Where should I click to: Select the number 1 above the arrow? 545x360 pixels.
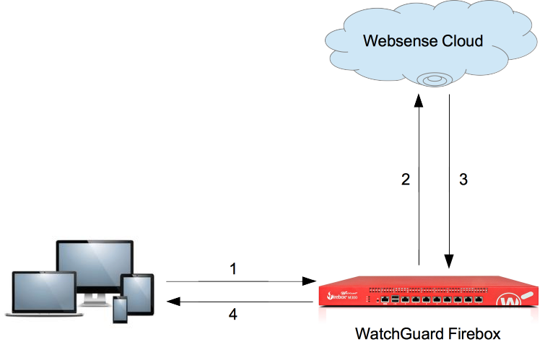pyautogui.click(x=233, y=268)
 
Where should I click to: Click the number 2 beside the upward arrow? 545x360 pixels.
pyautogui.click(x=406, y=180)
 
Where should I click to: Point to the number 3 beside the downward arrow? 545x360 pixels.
pyautogui.click(x=463, y=180)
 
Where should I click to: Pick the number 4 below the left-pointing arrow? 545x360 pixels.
pyautogui.click(x=233, y=315)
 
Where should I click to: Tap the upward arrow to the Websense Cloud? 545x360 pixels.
pyautogui.click(x=419, y=180)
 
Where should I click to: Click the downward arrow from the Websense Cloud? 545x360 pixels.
pyautogui.click(x=450, y=180)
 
